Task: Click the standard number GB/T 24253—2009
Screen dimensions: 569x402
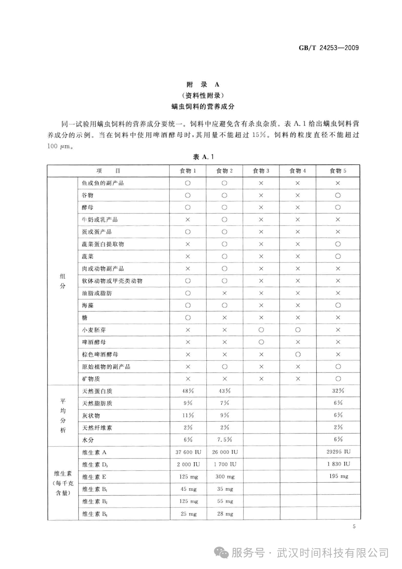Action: (329, 48)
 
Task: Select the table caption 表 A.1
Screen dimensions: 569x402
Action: (203, 157)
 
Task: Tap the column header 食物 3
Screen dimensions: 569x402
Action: (261, 171)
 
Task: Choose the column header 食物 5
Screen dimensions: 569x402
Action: (338, 171)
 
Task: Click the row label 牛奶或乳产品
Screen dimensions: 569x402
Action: (100, 220)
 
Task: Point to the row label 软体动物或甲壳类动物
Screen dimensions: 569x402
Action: (112, 281)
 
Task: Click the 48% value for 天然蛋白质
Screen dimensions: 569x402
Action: (188, 391)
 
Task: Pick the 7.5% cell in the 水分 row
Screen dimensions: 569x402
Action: (225, 440)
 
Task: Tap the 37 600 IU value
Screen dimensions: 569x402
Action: (188, 452)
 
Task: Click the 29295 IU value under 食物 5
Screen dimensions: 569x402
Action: (338, 452)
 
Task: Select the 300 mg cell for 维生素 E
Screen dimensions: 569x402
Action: (225, 477)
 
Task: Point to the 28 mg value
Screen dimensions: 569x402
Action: (225, 514)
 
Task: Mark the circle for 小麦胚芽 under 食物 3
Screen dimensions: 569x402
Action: (261, 330)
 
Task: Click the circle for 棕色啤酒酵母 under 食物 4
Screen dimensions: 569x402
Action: (298, 354)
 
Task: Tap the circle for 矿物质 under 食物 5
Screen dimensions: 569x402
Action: (338, 379)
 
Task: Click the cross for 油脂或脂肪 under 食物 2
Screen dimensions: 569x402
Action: (224, 293)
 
